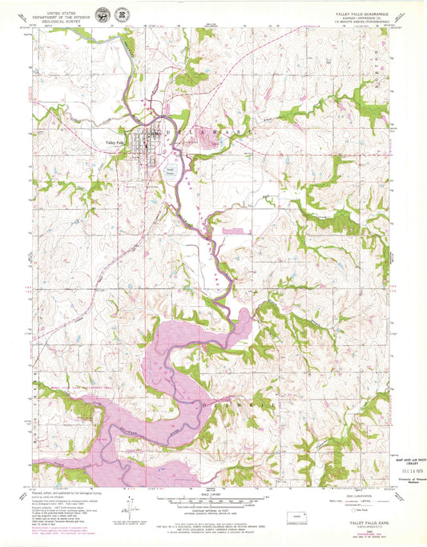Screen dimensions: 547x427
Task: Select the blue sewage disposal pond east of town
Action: (x=173, y=171)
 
